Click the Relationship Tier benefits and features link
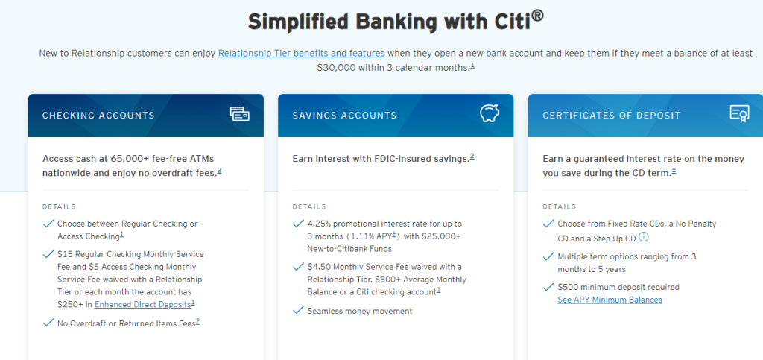click(301, 53)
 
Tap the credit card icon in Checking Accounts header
click(239, 114)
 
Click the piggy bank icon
click(490, 114)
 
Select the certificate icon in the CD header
click(739, 114)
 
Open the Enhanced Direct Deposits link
click(142, 305)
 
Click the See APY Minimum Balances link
click(610, 300)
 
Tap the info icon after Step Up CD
click(645, 238)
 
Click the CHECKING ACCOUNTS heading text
click(98, 116)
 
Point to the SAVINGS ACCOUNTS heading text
click(344, 116)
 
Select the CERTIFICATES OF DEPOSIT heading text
click(611, 116)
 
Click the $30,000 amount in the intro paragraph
click(337, 68)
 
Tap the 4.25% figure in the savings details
click(319, 224)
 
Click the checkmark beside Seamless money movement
click(298, 310)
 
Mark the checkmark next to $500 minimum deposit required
click(548, 286)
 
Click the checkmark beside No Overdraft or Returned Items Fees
click(48, 322)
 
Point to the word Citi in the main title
click(511, 22)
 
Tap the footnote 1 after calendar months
click(472, 66)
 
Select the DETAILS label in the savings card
click(309, 206)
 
